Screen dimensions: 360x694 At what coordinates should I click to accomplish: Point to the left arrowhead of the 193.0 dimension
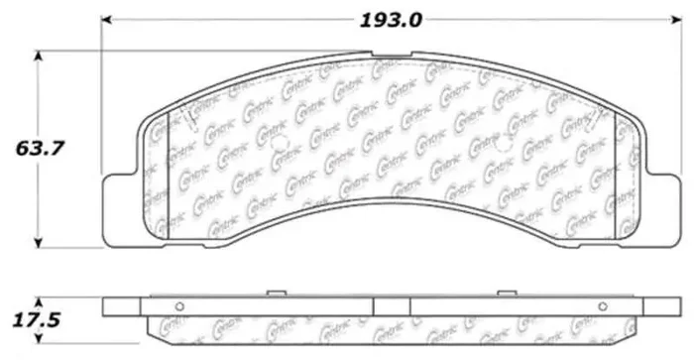(x=108, y=18)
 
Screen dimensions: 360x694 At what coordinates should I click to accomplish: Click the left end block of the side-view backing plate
(x=124, y=304)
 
